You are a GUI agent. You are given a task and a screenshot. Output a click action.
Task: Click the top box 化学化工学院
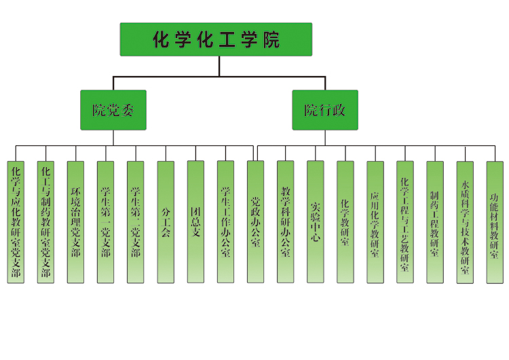216,39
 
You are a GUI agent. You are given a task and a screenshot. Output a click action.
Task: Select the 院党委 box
113,109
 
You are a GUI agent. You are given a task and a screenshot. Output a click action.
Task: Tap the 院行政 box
325,109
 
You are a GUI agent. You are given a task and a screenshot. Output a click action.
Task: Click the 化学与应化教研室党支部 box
16,222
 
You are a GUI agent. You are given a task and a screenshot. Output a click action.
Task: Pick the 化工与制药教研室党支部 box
45,222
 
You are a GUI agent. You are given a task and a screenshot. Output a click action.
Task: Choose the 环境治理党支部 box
75,222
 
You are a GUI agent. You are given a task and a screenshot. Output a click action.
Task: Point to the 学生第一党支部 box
105,222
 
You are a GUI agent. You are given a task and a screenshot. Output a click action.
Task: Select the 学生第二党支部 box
135,222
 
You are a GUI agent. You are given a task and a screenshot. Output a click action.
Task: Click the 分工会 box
166,222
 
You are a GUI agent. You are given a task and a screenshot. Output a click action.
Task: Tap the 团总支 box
195,222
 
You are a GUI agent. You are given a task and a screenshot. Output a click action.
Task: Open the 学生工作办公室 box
225,222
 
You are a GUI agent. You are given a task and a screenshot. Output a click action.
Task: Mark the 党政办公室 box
255,222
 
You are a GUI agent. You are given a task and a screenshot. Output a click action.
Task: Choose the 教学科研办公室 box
285,222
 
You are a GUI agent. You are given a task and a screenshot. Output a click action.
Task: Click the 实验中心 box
315,222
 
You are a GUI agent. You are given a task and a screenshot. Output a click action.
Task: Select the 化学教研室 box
345,222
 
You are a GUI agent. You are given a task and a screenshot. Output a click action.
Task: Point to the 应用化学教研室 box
375,222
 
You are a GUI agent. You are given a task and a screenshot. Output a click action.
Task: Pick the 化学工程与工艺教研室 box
405,222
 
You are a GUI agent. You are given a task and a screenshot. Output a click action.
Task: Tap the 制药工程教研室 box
435,222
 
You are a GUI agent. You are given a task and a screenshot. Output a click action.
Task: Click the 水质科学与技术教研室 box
465,222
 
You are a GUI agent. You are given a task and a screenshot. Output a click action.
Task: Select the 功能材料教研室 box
495,222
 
